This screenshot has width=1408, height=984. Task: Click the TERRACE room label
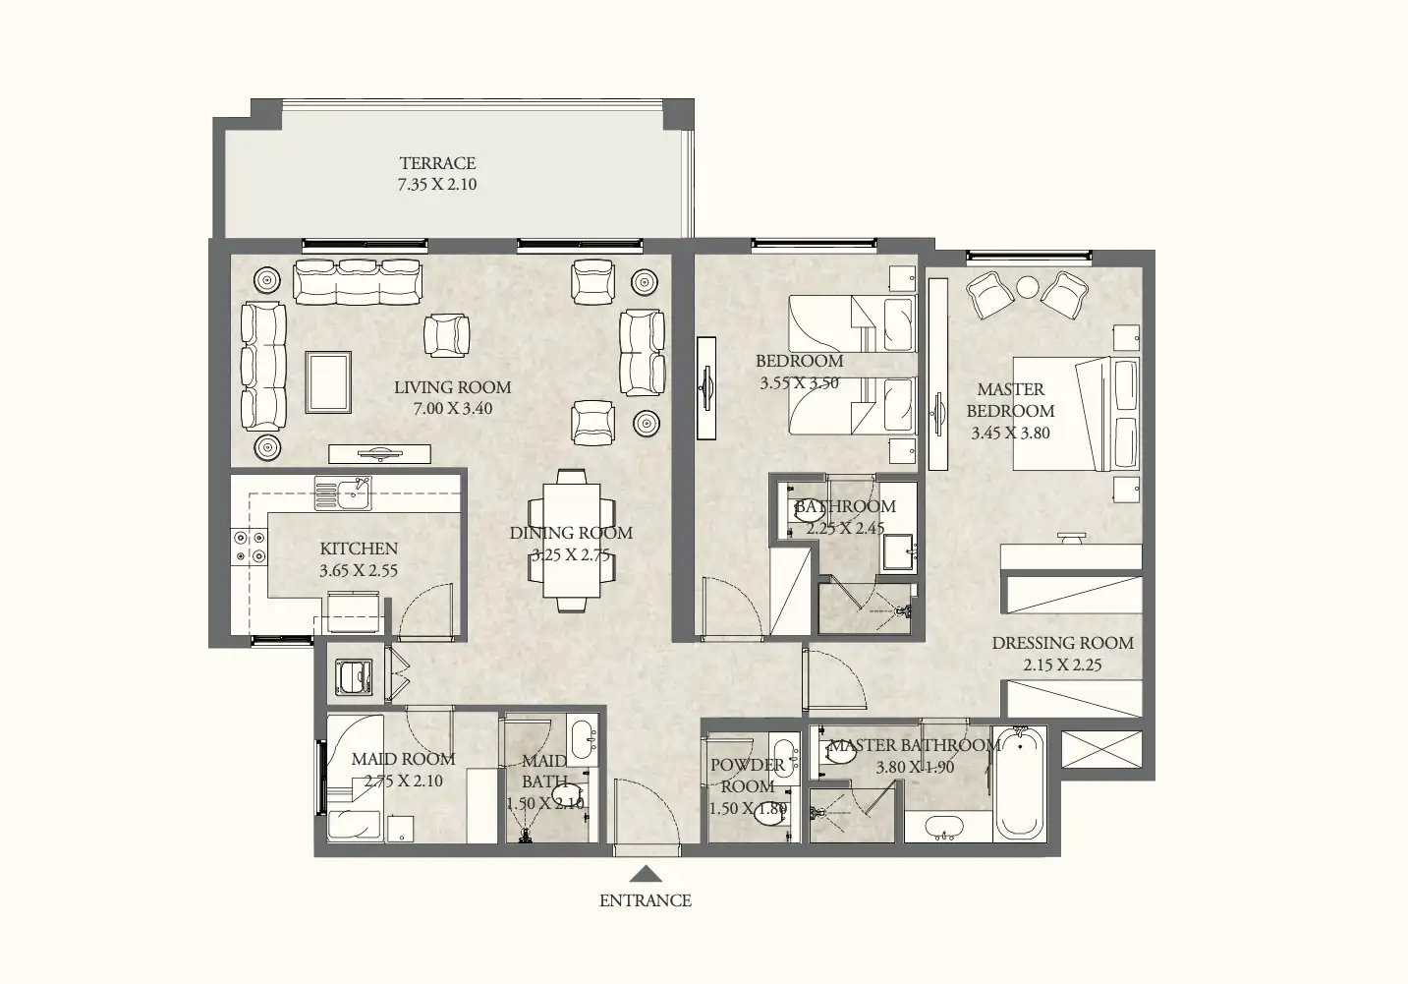pos(437,163)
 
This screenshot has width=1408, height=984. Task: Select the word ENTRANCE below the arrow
pos(645,900)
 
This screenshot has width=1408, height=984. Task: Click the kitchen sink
pos(343,493)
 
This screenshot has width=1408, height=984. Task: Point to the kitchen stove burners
pos(249,547)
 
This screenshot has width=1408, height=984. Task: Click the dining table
pos(572,539)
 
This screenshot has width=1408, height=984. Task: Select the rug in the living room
pos(328,382)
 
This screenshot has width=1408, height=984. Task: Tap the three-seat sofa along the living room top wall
pos(358,281)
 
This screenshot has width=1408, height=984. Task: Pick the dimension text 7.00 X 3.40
pos(452,409)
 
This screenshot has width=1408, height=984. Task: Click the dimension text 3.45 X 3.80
pos(1010,434)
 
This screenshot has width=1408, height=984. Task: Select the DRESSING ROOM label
pos(1062,643)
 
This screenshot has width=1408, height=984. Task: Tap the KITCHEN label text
pos(359,549)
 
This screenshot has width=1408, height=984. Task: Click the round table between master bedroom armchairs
pos(1027,287)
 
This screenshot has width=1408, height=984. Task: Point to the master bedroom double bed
pos(1076,414)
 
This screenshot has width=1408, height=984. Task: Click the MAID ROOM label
pos(403,759)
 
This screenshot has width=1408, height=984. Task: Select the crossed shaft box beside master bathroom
pos(1102,749)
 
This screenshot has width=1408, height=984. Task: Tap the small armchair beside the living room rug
pos(446,334)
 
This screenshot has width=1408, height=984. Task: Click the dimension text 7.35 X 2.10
pos(437,185)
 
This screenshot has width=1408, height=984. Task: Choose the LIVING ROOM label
pos(452,387)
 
